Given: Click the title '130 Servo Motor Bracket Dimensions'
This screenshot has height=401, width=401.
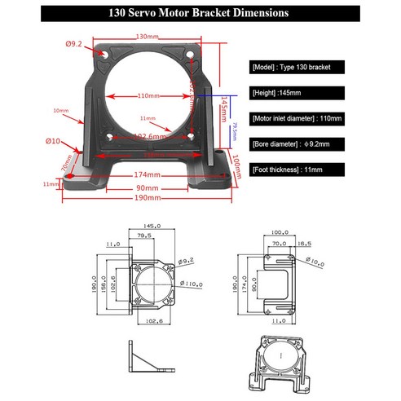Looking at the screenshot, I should point(200,13).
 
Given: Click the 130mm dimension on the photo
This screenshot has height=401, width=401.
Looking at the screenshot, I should point(147,37).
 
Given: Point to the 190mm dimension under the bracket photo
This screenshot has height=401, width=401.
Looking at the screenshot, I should point(147,197).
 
